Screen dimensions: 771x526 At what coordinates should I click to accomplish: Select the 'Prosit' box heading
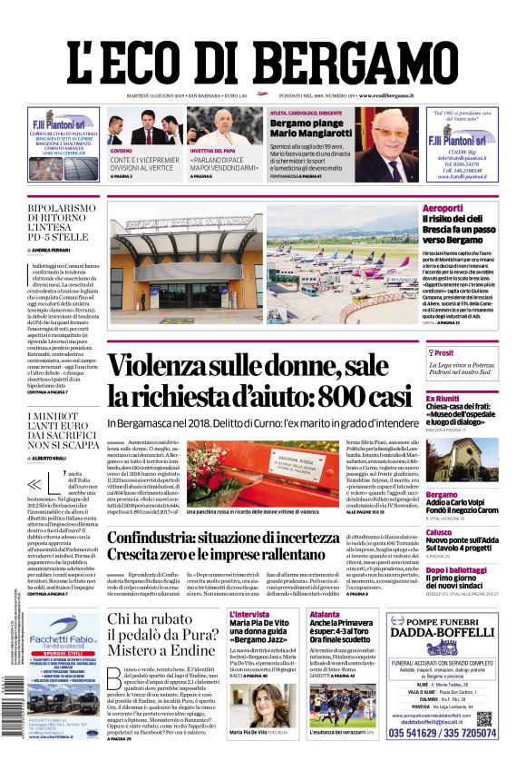443,353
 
